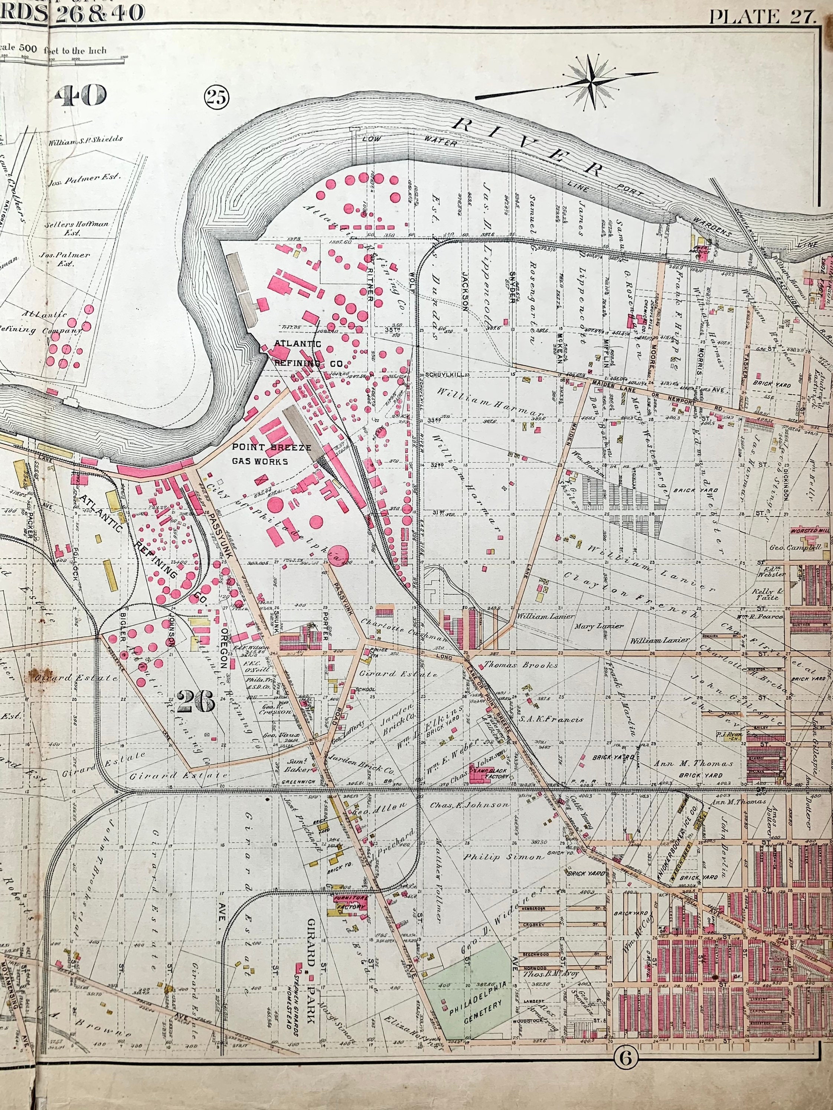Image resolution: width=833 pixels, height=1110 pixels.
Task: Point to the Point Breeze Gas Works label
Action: tap(264, 454)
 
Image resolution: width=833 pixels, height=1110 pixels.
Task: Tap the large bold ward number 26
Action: tap(196, 701)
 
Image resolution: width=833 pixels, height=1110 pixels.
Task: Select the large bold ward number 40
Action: tap(81, 95)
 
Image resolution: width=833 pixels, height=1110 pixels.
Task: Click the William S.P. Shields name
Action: tap(85, 139)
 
